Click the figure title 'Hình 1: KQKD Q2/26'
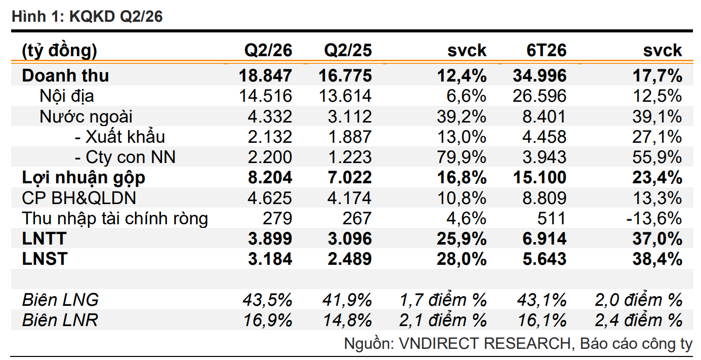point(87,16)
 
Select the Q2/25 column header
point(348,50)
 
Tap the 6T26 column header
point(546,50)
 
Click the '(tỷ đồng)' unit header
point(59,51)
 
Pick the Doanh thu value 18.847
point(265,76)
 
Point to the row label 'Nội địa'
point(67,96)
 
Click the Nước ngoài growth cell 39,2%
point(461,116)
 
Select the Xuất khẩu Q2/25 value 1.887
point(350,137)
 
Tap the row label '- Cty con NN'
point(125,157)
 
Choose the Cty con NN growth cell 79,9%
point(461,157)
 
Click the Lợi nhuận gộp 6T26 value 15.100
point(540,178)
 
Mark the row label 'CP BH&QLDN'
point(79,198)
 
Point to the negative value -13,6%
point(654,218)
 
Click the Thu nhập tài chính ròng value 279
point(277,218)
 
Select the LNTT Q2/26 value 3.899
point(270,238)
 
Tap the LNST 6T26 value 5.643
point(544,259)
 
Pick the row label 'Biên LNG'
point(60,300)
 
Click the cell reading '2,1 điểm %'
point(443,320)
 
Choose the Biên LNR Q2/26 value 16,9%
point(268,320)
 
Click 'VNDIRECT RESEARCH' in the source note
point(485,343)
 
